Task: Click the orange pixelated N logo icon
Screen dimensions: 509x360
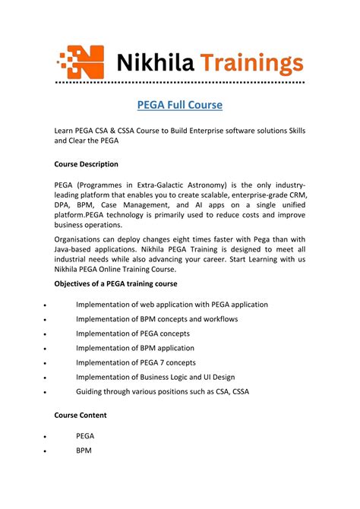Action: coord(82,60)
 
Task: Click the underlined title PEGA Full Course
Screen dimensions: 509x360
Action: coord(179,104)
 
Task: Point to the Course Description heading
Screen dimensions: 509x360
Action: coord(86,164)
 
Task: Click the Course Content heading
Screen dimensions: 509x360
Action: coord(81,416)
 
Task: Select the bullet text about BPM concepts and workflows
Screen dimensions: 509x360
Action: coord(156,319)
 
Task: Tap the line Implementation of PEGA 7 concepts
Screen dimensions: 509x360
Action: coord(135,362)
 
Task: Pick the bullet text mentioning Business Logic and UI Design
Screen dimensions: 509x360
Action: coord(155,377)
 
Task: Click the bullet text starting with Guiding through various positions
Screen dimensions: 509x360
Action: coord(162,391)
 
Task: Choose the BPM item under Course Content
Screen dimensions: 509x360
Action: coord(84,451)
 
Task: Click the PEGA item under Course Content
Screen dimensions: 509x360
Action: coord(85,436)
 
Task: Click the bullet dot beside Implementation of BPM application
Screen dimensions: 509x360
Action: coord(46,349)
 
